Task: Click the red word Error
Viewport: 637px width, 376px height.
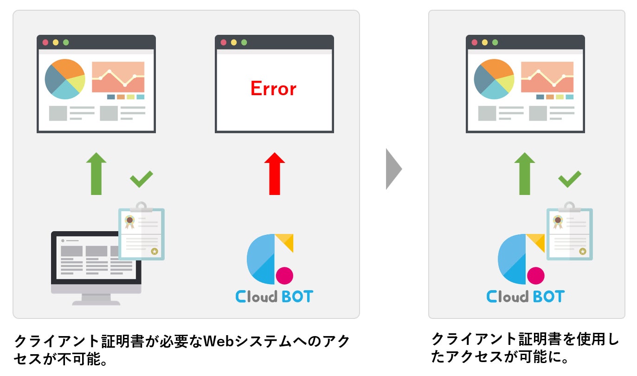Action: [x=273, y=88]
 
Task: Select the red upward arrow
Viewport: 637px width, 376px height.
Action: [x=274, y=174]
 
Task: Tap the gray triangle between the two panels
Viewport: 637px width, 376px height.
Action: [x=393, y=169]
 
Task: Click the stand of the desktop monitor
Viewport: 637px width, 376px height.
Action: [x=96, y=299]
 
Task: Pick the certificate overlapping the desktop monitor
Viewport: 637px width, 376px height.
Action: [x=142, y=233]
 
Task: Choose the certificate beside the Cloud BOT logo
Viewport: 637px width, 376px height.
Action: [x=570, y=233]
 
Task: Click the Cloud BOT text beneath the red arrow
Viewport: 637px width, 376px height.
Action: [x=274, y=296]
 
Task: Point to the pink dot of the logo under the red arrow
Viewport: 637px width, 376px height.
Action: [x=284, y=275]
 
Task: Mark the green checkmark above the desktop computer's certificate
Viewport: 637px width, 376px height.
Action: [x=141, y=179]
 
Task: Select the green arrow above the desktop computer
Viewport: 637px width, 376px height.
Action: [x=96, y=174]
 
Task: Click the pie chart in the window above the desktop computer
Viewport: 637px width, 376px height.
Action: [x=65, y=79]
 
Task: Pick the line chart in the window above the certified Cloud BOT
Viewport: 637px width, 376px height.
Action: [x=547, y=77]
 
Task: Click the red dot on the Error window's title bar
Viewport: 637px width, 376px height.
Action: [x=223, y=42]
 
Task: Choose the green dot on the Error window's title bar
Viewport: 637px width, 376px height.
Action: [x=244, y=42]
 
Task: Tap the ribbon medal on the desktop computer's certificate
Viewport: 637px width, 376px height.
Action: [x=129, y=221]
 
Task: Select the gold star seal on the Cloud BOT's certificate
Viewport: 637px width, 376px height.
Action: [x=583, y=251]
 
